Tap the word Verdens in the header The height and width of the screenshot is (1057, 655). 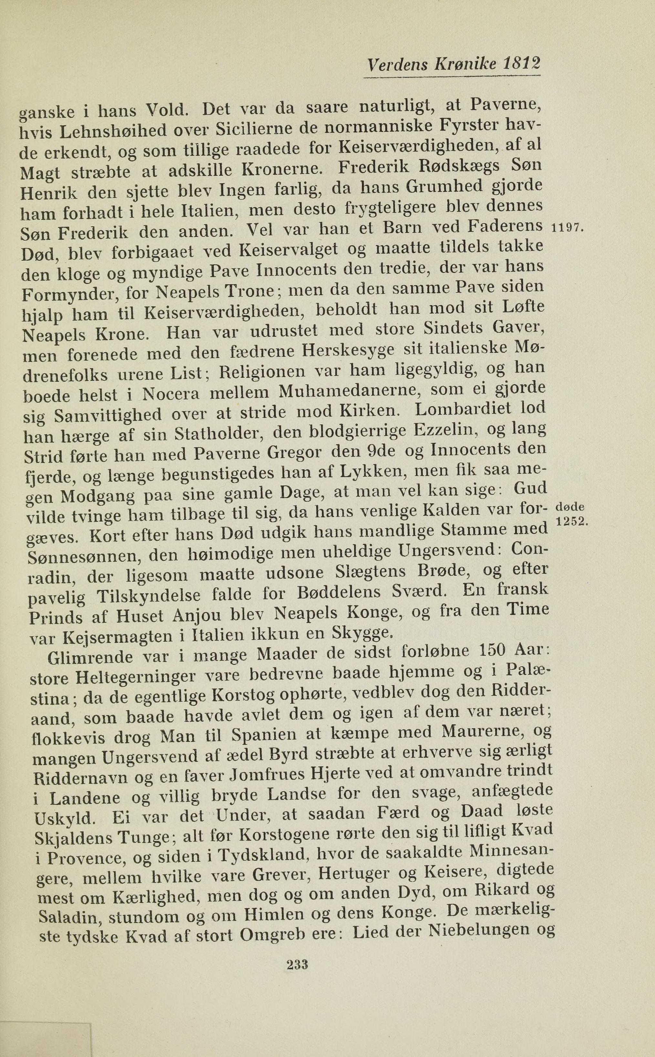396,65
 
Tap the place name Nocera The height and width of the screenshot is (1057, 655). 171,394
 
